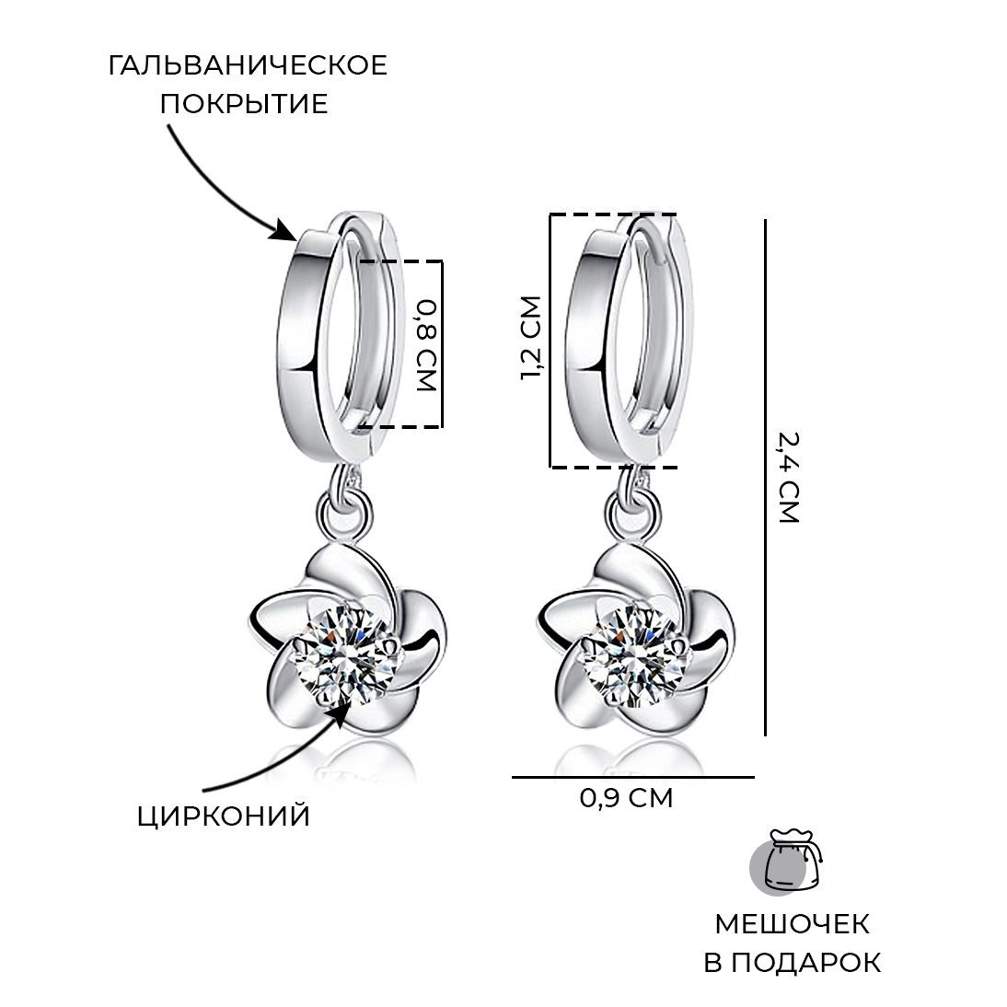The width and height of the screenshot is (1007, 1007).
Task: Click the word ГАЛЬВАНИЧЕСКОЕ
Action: click(248, 66)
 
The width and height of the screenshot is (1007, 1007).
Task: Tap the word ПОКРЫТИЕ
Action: click(244, 104)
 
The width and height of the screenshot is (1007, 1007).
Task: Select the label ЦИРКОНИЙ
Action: click(224, 816)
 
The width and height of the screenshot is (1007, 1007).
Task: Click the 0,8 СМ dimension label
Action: click(426, 345)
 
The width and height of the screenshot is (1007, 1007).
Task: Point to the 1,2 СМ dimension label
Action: click(531, 338)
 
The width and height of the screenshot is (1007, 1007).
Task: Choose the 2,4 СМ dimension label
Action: click(788, 478)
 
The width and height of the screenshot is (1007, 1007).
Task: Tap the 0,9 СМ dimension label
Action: click(626, 798)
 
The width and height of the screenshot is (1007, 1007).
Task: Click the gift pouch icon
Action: click(787, 862)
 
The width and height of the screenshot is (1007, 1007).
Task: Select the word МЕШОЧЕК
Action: click(792, 924)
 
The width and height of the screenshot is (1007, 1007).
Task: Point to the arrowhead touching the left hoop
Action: click(284, 230)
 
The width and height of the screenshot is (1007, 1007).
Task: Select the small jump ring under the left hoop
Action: click(346, 513)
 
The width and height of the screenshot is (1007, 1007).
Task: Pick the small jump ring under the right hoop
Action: click(634, 513)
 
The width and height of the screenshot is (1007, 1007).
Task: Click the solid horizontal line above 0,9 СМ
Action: click(632, 777)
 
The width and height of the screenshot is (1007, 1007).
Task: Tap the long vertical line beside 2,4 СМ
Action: click(765, 477)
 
